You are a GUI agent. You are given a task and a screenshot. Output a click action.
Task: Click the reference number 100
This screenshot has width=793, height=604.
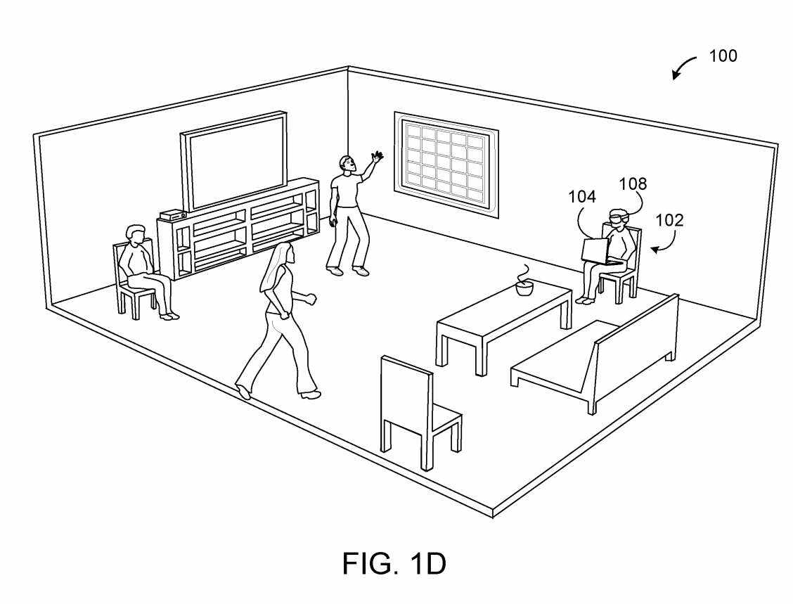723,56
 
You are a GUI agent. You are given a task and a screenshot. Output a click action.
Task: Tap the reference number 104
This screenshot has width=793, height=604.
582,198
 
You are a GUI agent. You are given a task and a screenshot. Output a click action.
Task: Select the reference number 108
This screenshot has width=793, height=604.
633,184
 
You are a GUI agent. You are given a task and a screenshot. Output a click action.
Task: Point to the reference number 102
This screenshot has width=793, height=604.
669,221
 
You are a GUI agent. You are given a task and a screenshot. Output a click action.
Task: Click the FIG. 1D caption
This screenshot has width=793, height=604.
394,563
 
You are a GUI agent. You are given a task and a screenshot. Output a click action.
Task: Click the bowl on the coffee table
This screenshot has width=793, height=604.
524,288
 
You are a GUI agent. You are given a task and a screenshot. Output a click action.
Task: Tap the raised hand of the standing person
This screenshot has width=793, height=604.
378,157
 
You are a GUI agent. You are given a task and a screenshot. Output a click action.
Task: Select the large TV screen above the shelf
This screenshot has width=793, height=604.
236,159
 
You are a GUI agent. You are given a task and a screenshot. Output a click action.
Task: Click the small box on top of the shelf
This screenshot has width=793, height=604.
172,214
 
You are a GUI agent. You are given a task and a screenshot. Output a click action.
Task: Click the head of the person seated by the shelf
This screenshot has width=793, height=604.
134,235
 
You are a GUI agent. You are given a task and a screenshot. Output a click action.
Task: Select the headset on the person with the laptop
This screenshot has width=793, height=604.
616,219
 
